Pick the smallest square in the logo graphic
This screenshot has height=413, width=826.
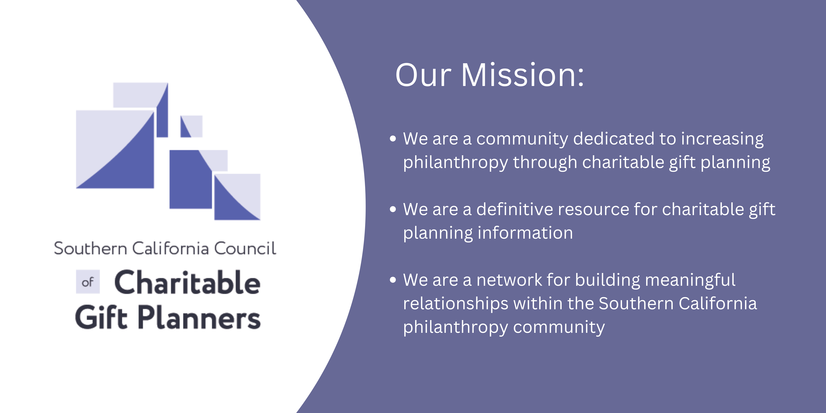[191, 126]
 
